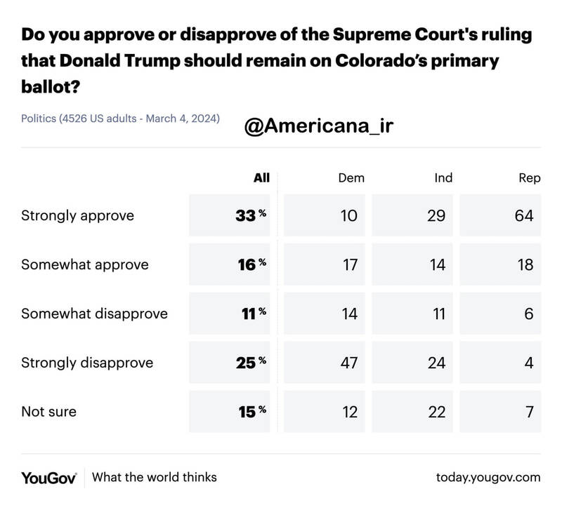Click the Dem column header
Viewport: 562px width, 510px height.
(x=351, y=178)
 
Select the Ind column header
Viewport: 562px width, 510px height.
(x=443, y=178)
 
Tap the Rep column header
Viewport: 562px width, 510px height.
(x=529, y=178)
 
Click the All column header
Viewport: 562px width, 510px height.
(x=261, y=178)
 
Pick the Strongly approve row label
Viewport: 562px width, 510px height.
(x=77, y=216)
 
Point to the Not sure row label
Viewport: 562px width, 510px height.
(x=48, y=412)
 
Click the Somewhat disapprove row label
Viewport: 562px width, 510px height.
(x=95, y=314)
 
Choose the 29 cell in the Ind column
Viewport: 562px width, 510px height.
(x=436, y=216)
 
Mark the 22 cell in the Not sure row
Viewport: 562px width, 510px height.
(x=436, y=412)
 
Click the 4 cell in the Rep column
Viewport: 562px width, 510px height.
(x=528, y=363)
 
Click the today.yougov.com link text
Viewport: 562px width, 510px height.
(x=488, y=478)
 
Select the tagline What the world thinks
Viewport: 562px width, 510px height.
(x=155, y=478)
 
